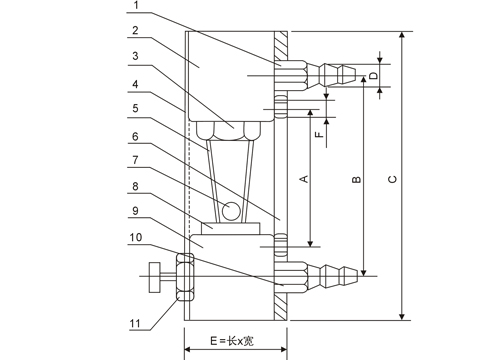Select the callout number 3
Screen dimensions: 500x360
(135, 56)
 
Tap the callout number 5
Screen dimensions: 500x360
(135, 108)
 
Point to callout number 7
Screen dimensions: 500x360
(135, 160)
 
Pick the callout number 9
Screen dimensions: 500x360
(135, 211)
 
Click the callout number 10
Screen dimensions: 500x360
(136, 237)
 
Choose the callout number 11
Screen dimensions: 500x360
(135, 323)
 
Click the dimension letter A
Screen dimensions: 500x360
(304, 179)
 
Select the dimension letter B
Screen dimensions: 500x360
(356, 179)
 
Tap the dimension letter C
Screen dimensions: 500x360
(393, 179)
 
